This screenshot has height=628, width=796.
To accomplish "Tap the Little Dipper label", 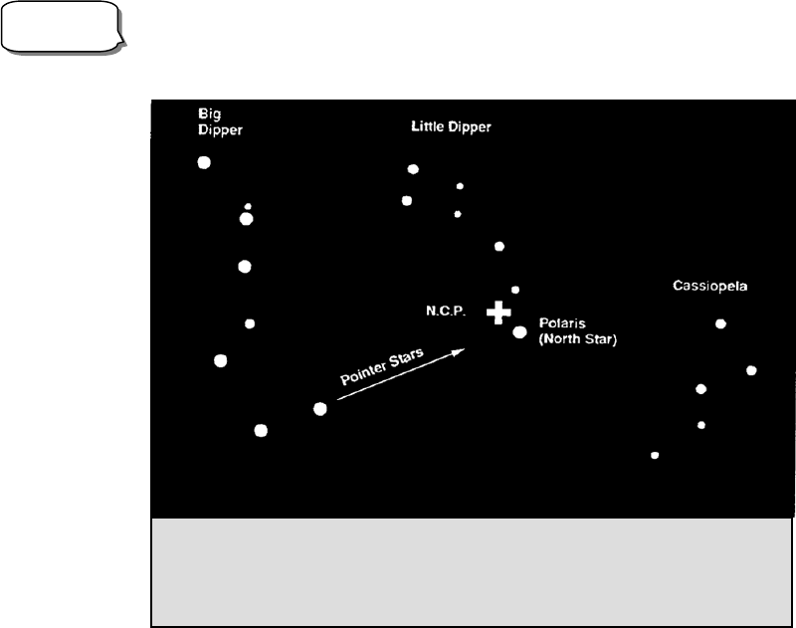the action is [x=451, y=127].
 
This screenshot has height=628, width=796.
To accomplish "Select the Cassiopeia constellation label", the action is [x=709, y=287].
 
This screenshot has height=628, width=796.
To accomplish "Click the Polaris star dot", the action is [x=519, y=331].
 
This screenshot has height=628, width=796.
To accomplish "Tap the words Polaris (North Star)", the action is [x=577, y=331].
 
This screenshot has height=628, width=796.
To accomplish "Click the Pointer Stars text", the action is [x=382, y=367].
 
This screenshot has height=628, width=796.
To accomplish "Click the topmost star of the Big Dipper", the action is [x=204, y=162].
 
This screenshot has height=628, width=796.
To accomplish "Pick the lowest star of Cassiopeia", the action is [x=655, y=455].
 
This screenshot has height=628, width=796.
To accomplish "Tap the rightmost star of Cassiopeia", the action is [x=751, y=370].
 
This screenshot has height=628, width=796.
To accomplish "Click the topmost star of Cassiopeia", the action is [x=720, y=323].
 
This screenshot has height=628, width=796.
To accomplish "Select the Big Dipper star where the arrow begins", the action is [x=319, y=408].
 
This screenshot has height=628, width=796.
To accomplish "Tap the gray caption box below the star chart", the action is [x=472, y=571].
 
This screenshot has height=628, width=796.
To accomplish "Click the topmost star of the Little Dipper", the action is [x=413, y=169].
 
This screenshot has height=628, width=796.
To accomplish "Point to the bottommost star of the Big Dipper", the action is [x=261, y=430].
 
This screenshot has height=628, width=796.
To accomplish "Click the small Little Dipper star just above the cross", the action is [x=514, y=290].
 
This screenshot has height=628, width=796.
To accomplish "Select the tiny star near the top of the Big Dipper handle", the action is [x=248, y=206].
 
